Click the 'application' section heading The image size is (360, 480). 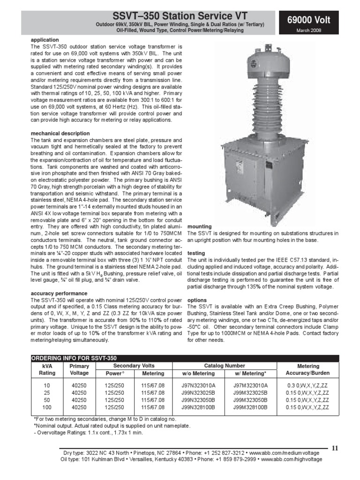tap(45, 40)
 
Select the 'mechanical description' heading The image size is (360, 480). tap(60, 134)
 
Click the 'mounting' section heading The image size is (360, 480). tap(199, 226)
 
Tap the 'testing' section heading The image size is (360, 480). tap(196, 253)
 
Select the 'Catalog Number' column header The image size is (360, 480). tap(224, 365)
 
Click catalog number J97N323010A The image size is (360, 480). tap(198, 386)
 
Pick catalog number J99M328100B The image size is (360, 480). tap(250, 407)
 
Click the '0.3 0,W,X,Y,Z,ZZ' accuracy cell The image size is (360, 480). tap(308, 386)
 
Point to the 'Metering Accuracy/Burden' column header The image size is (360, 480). tap(308, 369)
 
